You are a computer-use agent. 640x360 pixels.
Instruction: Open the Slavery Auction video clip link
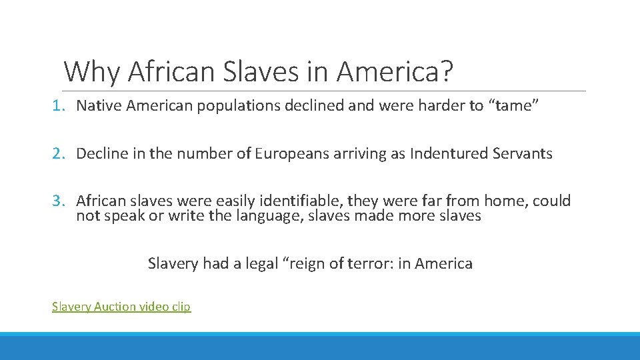tap(121, 307)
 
